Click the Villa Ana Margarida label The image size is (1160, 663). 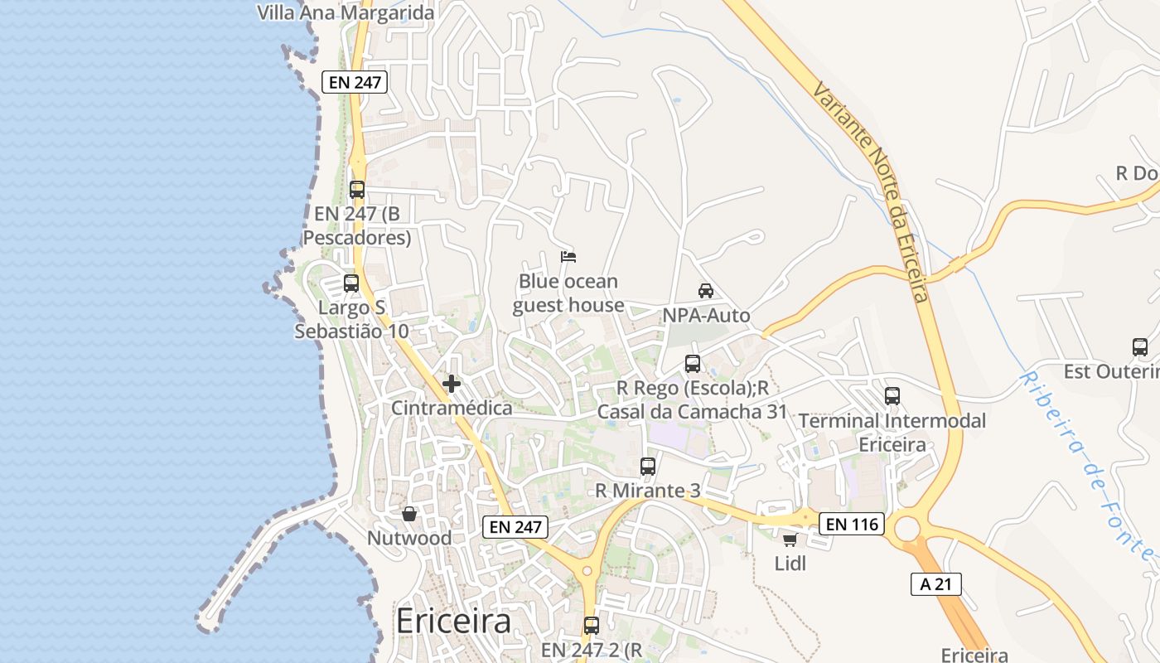tap(346, 13)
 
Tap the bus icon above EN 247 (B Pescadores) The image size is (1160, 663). tap(357, 189)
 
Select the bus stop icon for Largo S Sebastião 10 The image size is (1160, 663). tap(351, 283)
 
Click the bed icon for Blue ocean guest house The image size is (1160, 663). tap(568, 257)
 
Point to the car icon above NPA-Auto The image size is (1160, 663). tap(706, 291)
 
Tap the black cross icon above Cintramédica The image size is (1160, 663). tap(452, 384)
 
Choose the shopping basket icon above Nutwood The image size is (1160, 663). tap(409, 514)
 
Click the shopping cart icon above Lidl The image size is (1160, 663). tap(790, 540)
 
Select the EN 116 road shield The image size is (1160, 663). tap(852, 524)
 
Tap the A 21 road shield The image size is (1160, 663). tap(936, 583)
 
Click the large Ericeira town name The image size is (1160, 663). tap(453, 622)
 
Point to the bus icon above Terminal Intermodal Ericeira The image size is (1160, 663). tap(892, 396)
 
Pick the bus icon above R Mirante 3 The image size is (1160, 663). tap(648, 467)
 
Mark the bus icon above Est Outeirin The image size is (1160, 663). tap(1140, 347)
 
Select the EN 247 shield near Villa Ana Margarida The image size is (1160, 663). tap(355, 81)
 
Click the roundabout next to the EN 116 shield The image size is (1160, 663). tap(907, 528)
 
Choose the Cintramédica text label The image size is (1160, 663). tap(452, 408)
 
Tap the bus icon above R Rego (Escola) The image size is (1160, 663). tap(693, 363)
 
